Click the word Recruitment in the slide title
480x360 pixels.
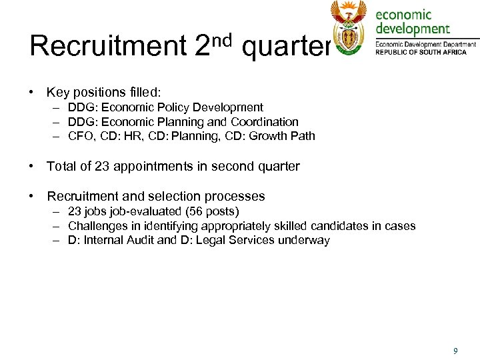[107, 46]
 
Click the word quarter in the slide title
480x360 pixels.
[286, 47]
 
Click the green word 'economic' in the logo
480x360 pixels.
[404, 14]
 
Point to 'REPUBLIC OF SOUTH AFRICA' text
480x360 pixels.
[421, 52]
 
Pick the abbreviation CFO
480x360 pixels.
[80, 137]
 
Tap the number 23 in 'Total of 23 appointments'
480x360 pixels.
[102, 166]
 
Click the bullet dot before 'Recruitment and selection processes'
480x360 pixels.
[31, 196]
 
